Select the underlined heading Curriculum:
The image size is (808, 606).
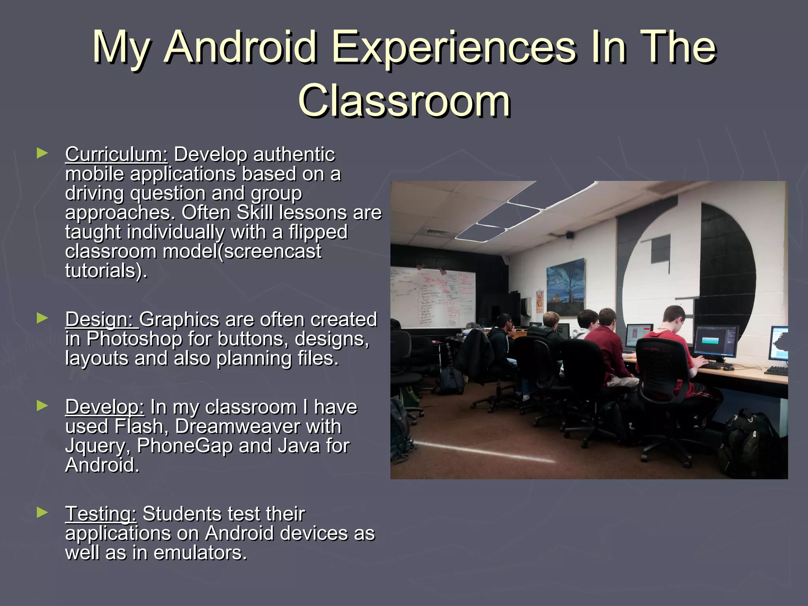point(116,154)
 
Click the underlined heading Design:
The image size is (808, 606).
point(101,320)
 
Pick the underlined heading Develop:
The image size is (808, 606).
point(105,407)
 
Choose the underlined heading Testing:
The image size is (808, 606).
point(101,514)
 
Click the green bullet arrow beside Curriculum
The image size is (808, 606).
point(42,153)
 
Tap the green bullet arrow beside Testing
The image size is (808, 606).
point(42,512)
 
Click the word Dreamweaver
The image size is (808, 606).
point(258,426)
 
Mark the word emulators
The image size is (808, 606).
point(200,553)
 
